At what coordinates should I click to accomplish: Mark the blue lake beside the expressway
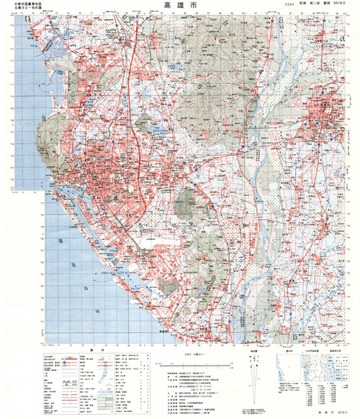tap(146, 126)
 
